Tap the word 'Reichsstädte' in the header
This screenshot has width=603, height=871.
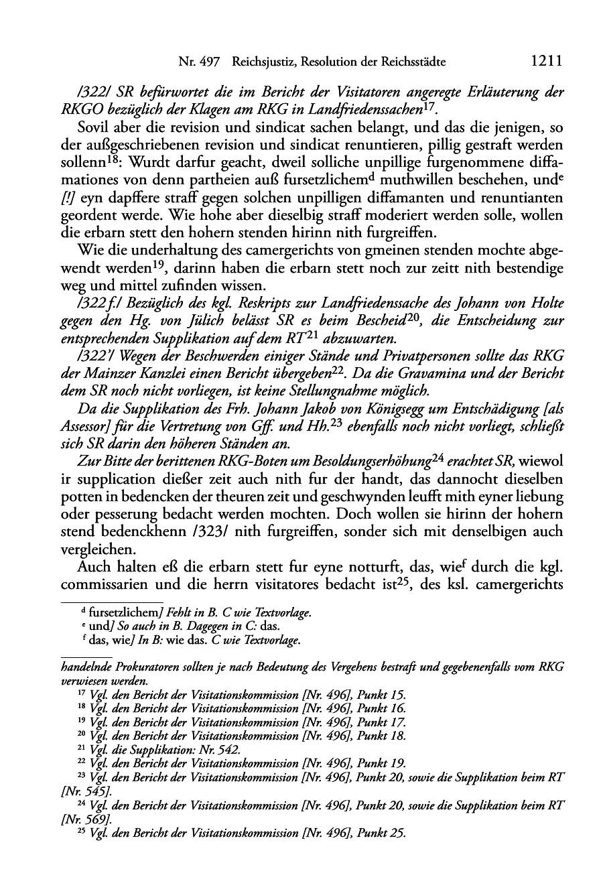click(x=415, y=62)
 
